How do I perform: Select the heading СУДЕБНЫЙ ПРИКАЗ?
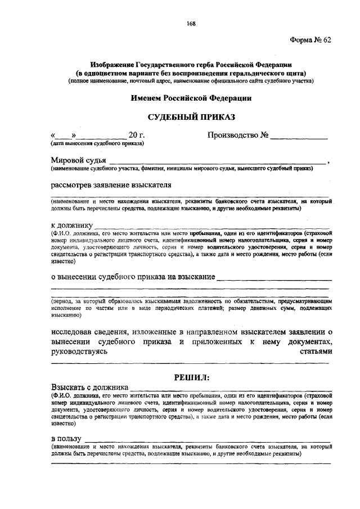click(191, 118)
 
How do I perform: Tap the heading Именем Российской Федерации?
click(191, 98)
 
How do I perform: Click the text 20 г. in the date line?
click(137, 136)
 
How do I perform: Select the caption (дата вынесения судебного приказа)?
click(97, 144)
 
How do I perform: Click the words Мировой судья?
click(78, 160)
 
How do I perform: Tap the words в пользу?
click(66, 438)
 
